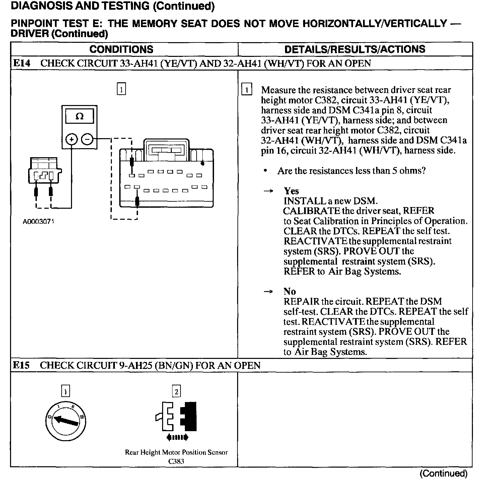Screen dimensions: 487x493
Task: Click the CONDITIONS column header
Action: click(x=121, y=50)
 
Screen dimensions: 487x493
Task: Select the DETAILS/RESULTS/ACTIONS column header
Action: click(x=355, y=50)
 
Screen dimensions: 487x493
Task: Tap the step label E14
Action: click(x=21, y=64)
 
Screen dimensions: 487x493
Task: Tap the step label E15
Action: click(x=21, y=365)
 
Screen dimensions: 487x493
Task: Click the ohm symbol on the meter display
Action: click(x=79, y=116)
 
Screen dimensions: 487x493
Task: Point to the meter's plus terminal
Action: click(x=71, y=139)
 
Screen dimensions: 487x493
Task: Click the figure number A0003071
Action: click(x=38, y=222)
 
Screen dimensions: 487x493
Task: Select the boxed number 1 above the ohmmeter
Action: click(x=121, y=89)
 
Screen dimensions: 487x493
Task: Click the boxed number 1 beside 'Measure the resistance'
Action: click(x=246, y=90)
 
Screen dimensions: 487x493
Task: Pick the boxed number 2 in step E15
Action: click(x=176, y=391)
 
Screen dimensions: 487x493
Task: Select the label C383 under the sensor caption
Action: click(x=176, y=462)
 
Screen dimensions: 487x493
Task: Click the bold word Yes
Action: click(x=291, y=191)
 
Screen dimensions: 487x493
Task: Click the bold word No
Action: click(x=289, y=291)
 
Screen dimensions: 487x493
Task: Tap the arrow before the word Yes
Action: click(x=268, y=191)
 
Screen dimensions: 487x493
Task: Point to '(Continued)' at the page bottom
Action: click(x=443, y=474)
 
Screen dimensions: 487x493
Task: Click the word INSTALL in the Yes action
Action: click(x=300, y=201)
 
